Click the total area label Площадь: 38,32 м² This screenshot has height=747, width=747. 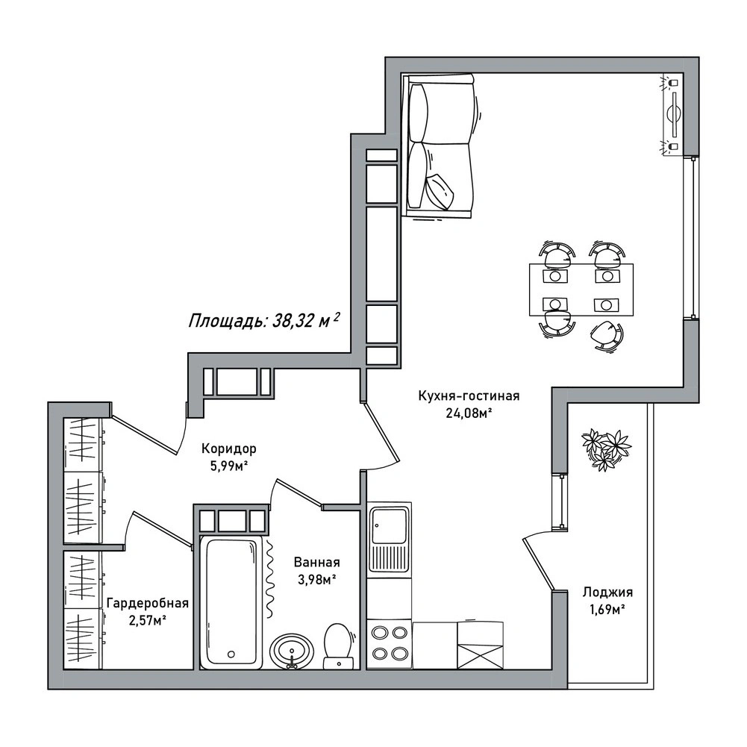coord(264,320)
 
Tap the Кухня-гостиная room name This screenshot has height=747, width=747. coord(469,396)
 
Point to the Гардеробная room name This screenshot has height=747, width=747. coord(148,603)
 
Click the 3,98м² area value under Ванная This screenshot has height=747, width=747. coord(317,580)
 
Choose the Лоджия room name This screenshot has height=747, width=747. coord(607,593)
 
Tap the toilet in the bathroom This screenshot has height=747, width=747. coord(338,646)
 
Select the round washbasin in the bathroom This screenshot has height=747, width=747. coord(292,651)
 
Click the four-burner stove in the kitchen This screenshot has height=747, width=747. coord(390,644)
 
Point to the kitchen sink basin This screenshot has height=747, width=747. coord(390,525)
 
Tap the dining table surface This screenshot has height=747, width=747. coord(581,290)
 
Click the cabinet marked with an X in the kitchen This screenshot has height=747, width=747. coord(481,645)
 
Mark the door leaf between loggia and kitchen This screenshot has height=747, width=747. coord(538,565)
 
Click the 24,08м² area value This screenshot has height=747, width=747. coord(469,413)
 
